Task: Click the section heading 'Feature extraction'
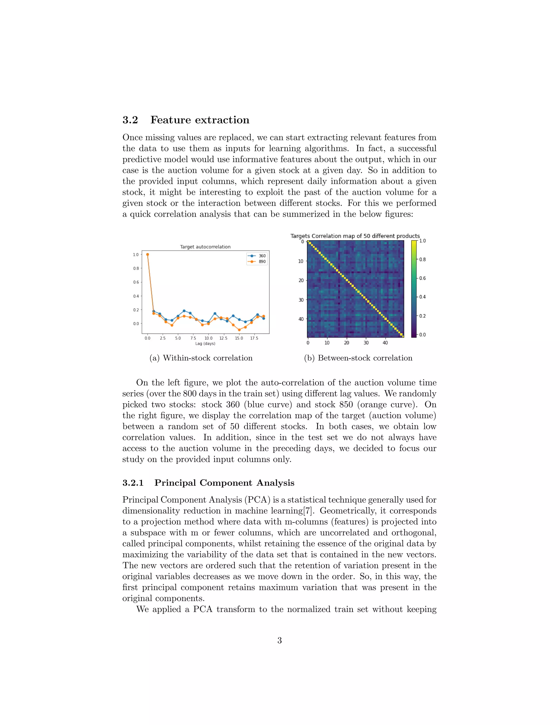[x=200, y=120]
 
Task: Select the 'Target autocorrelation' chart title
[x=205, y=247]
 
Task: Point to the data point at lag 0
[x=147, y=255]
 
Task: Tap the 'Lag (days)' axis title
[x=205, y=344]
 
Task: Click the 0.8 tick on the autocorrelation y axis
[x=136, y=268]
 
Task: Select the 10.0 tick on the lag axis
[x=208, y=338]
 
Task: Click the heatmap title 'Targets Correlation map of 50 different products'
[x=355, y=236]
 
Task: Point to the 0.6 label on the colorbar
[x=422, y=278]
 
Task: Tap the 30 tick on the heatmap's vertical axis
[x=301, y=300]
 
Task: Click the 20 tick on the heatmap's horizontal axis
[x=346, y=343]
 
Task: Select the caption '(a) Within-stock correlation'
[x=201, y=358]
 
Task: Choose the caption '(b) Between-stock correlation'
[x=358, y=358]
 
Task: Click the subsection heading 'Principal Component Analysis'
[x=224, y=483]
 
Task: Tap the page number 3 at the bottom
[x=280, y=640]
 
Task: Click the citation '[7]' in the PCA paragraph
[x=308, y=511]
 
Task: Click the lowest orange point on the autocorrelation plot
[x=239, y=330]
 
